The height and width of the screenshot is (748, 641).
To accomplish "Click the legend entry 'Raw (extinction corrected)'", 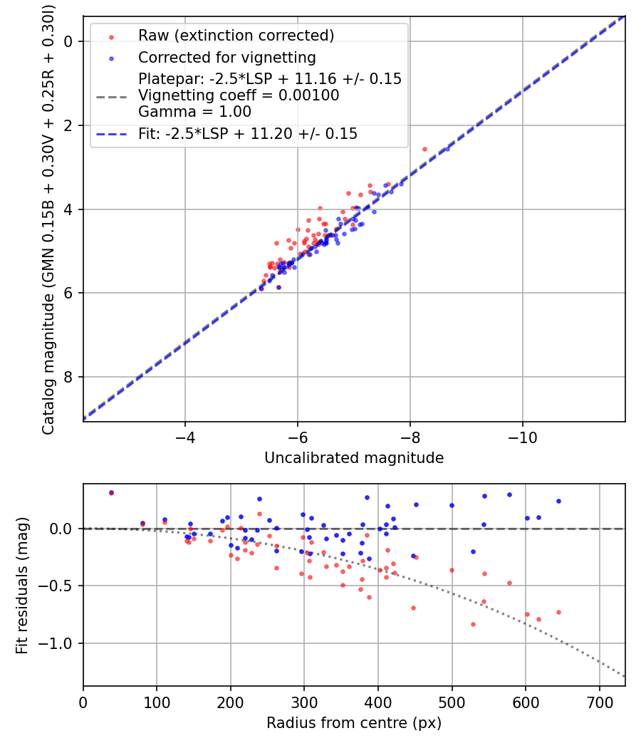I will click(236, 36).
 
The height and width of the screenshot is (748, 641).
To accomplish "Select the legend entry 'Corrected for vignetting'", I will click(227, 57).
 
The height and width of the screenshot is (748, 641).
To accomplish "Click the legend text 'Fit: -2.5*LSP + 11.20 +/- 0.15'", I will click(248, 133).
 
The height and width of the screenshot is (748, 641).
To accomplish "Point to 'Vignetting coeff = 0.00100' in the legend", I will click(239, 95).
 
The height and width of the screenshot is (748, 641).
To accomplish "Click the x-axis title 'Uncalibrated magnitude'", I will click(354, 458).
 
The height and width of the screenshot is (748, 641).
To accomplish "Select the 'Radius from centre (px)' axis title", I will click(354, 723).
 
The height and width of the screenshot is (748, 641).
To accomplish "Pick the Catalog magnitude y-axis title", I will click(48, 219).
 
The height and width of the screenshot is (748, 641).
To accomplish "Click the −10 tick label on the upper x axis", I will click(523, 435).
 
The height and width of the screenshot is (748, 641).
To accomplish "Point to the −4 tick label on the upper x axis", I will click(185, 435).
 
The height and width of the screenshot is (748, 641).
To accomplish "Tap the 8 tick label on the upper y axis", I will click(69, 377).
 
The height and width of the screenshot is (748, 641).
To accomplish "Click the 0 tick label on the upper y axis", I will click(69, 41).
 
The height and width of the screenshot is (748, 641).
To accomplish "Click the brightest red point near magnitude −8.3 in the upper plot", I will click(425, 149).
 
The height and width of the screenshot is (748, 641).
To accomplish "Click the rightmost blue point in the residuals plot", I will click(558, 501).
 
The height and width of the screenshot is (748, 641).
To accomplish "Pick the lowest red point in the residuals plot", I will click(473, 624).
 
